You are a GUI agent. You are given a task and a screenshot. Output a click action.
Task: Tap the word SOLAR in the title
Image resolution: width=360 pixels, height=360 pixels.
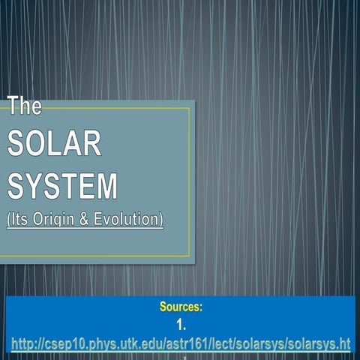tap(54, 142)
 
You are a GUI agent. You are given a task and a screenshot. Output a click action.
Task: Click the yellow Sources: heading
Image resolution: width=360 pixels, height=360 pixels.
tap(181, 307)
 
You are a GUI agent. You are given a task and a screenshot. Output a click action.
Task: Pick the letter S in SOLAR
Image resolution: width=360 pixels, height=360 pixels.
tap(16, 142)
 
